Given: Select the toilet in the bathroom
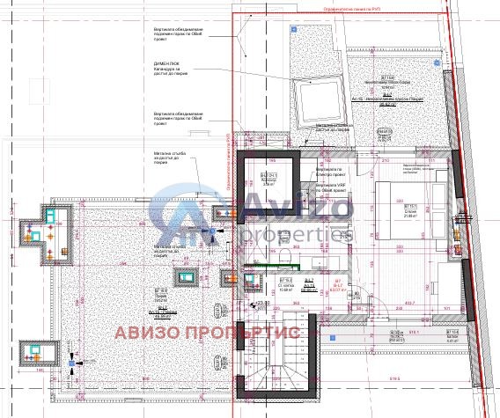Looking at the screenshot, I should pos(289,256).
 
